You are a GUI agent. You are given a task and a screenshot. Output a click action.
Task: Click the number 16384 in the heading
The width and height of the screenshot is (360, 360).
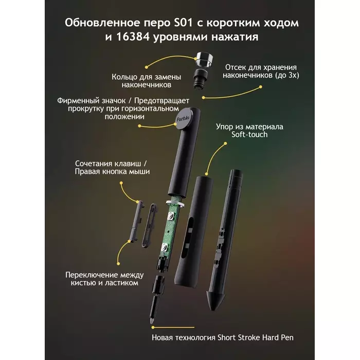(133, 37)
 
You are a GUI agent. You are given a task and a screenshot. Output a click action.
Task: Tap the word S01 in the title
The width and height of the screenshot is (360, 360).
(183, 23)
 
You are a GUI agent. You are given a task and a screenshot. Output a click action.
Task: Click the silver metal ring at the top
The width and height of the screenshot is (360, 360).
(204, 60)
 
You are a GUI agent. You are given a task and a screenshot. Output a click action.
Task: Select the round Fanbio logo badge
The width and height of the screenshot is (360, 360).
(183, 118)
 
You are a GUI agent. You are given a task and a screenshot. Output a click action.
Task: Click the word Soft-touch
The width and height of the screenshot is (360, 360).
(249, 135)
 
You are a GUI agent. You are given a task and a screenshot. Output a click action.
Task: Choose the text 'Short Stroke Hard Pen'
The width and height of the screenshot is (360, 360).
(256, 337)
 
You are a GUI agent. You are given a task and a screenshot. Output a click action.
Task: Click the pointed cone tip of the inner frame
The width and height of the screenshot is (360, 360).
(213, 301)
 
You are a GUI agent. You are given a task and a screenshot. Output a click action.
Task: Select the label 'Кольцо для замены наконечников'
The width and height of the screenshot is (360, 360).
(146, 81)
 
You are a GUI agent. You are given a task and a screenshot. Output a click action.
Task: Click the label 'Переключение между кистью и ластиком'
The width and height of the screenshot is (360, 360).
(104, 279)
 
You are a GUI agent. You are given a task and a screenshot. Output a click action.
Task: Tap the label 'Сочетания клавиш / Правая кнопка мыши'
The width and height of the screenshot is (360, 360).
(112, 168)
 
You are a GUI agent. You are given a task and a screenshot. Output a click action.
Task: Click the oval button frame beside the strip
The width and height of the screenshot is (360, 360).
(150, 225)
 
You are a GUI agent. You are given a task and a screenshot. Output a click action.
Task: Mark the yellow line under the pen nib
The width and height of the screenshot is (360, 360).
(173, 328)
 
